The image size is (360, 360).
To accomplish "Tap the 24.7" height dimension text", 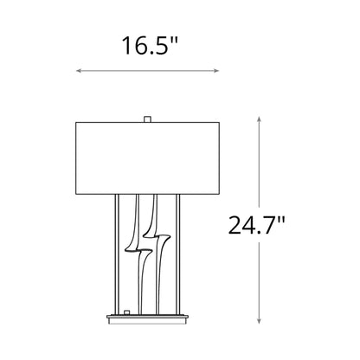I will click(x=255, y=227).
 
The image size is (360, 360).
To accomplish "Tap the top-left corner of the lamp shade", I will click(x=77, y=122).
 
